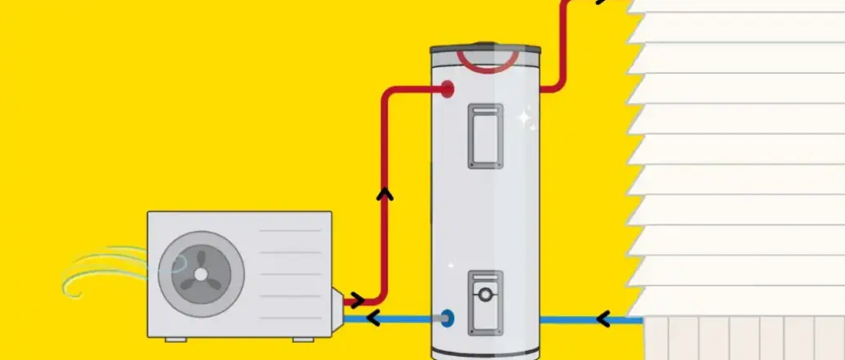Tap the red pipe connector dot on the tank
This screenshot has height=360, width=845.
448,89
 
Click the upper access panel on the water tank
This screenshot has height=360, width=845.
485,136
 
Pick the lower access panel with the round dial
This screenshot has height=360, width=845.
485,301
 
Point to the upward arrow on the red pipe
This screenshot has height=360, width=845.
385,195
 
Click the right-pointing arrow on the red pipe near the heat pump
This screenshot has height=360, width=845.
358,301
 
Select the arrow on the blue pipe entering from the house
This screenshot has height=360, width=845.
603,318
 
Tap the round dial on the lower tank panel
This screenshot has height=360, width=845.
485,294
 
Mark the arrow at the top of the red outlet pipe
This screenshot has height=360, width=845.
602,2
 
